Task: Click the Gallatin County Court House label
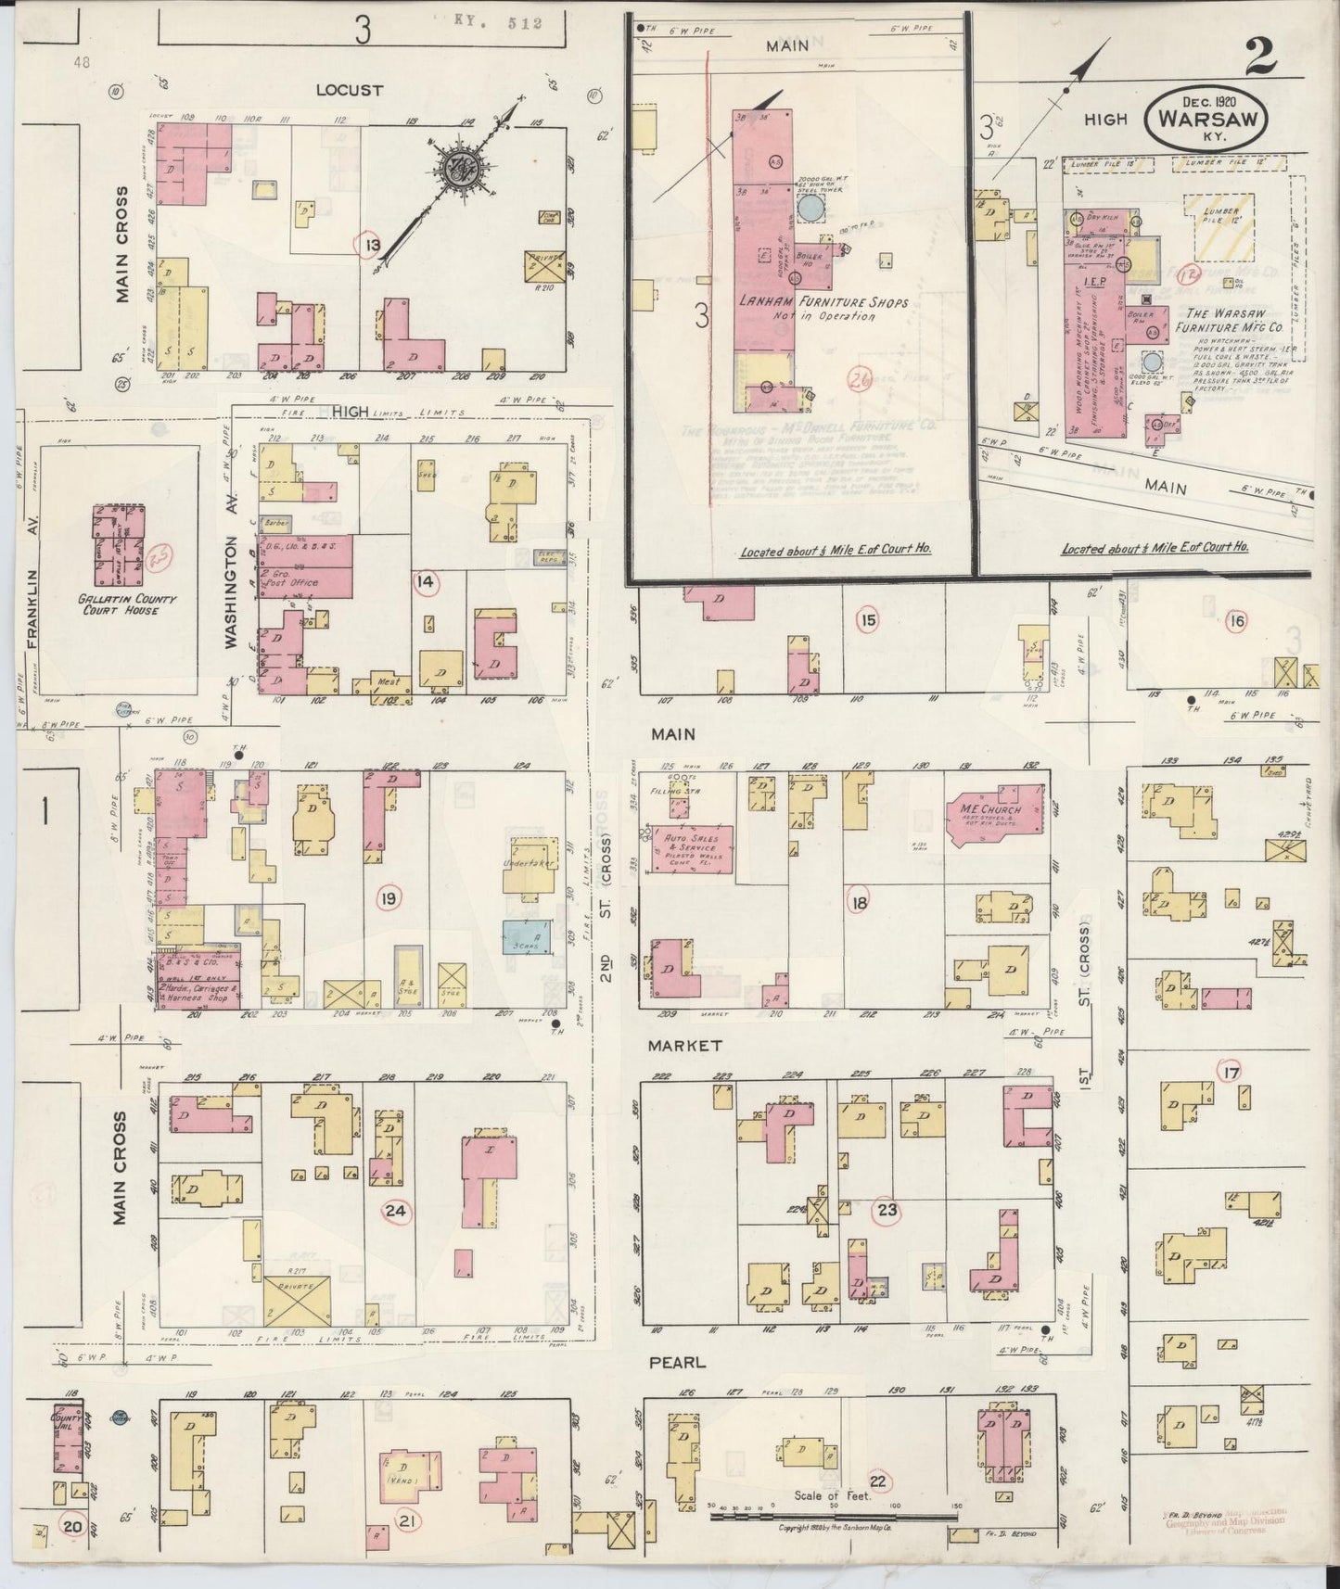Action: pos(118,604)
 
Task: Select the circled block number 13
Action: pos(372,245)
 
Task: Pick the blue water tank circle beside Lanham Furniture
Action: pos(810,208)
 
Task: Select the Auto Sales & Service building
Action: pos(692,847)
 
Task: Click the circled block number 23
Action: pos(887,1210)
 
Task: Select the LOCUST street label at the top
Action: pos(349,90)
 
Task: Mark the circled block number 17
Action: pos(1231,1073)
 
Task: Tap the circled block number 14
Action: pos(426,581)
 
